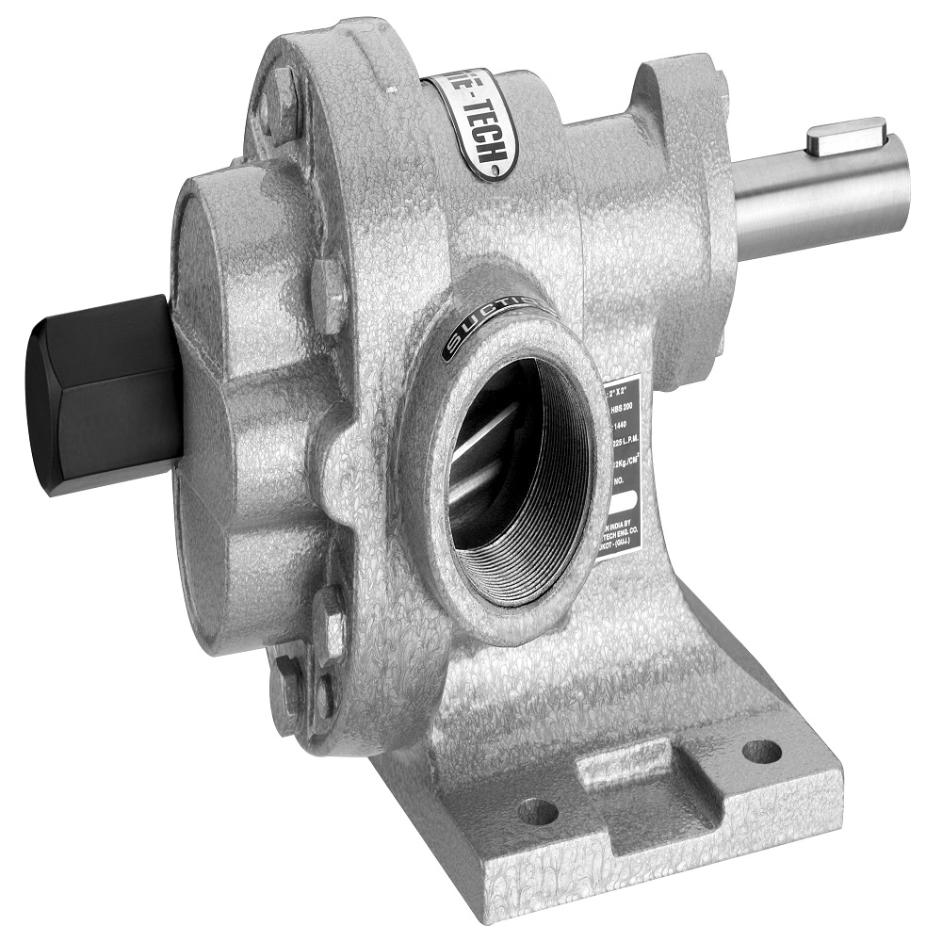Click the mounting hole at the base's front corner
point(538,810)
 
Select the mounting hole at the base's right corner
point(761,751)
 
